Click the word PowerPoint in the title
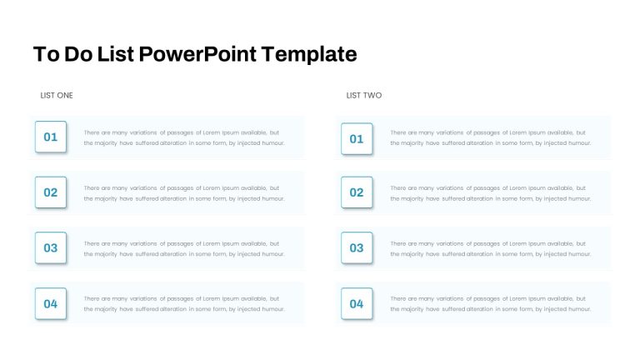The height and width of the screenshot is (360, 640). (x=198, y=55)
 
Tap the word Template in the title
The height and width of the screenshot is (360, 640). (x=309, y=55)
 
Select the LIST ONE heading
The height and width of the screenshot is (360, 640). (x=57, y=96)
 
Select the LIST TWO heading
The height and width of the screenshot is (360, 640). (x=364, y=96)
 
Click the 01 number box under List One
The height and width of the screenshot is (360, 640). (x=51, y=137)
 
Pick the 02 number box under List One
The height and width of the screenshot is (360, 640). (x=51, y=192)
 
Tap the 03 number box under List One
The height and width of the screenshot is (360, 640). (x=51, y=247)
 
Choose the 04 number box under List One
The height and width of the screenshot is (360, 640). (x=51, y=303)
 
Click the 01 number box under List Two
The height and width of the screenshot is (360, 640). (x=357, y=139)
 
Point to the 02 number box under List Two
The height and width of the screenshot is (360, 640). (x=357, y=192)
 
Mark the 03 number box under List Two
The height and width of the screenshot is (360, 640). (x=357, y=247)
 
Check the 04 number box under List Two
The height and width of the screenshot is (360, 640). (x=357, y=303)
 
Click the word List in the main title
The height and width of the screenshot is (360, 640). (x=116, y=54)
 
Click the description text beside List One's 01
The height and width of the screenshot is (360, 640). (x=184, y=138)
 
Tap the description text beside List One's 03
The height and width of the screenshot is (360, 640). (x=184, y=249)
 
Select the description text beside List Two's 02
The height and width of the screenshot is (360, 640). (x=490, y=193)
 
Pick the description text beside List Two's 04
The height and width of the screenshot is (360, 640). (x=490, y=304)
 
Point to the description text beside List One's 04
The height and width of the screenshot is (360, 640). (x=184, y=304)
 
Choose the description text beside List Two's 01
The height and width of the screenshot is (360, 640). (x=490, y=138)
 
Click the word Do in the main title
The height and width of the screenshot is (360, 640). (x=78, y=54)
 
